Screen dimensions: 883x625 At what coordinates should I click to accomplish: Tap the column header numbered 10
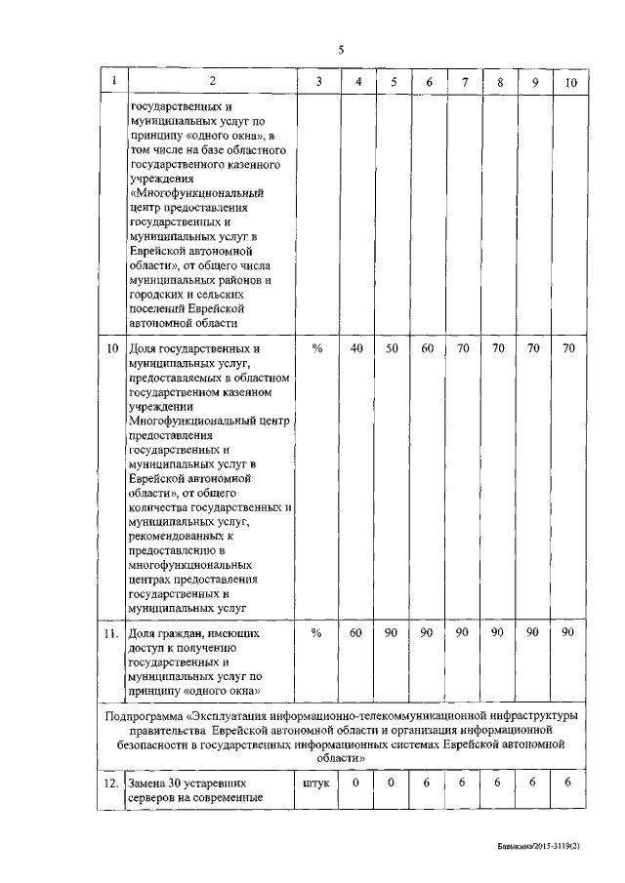pos(571,83)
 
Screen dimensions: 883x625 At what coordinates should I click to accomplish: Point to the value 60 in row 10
pos(428,348)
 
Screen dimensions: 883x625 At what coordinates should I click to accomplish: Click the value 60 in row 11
pos(357,633)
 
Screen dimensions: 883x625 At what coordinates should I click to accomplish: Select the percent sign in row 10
pos(316,348)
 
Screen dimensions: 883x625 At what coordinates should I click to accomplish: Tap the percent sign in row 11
pos(316,633)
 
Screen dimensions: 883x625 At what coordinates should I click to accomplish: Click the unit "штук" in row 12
pos(318,783)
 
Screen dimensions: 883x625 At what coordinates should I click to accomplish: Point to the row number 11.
pos(112,633)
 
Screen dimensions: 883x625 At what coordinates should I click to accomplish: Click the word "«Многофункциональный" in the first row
pos(191,194)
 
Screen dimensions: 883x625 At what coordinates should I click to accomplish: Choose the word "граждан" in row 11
pos(182,633)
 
